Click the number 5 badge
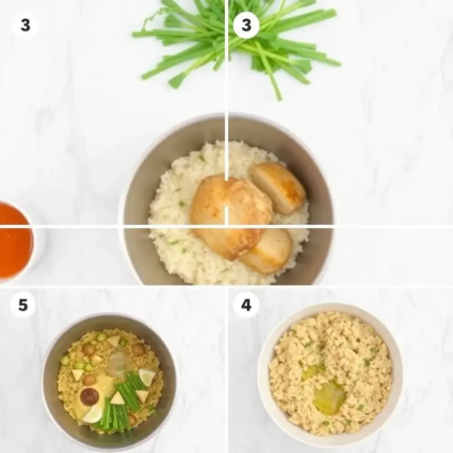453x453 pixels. (23, 305)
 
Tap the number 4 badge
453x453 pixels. (246, 305)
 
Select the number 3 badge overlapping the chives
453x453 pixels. (246, 25)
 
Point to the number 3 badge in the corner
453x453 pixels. (25, 25)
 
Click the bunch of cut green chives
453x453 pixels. (237, 44)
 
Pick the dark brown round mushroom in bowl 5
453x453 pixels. (89, 396)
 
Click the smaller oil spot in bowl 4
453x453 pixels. (310, 373)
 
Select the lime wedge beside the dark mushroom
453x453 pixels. (93, 414)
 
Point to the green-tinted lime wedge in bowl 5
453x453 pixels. (147, 377)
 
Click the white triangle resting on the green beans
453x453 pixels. (117, 398)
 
